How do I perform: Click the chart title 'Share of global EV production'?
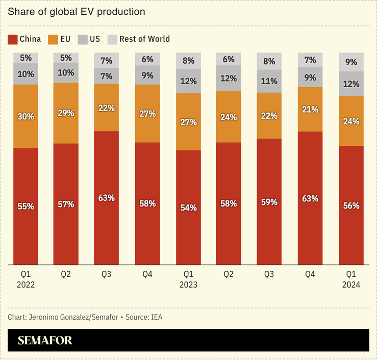point(76,11)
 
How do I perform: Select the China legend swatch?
point(12,39)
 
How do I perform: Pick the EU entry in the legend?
point(59,39)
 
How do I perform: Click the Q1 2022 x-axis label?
point(26,279)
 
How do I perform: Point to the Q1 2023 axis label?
point(188,279)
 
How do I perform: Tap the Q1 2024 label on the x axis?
point(351,279)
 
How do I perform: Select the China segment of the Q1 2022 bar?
point(26,207)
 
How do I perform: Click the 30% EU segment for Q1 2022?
point(26,116)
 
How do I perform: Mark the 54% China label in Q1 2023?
point(188,208)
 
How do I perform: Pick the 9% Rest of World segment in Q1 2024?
point(351,62)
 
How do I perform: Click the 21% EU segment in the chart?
point(310,109)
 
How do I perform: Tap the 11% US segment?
point(269,81)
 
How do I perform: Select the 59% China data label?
point(269,202)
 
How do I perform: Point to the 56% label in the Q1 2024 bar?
point(351,205)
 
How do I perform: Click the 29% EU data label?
point(66,113)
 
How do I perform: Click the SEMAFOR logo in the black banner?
point(45,340)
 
